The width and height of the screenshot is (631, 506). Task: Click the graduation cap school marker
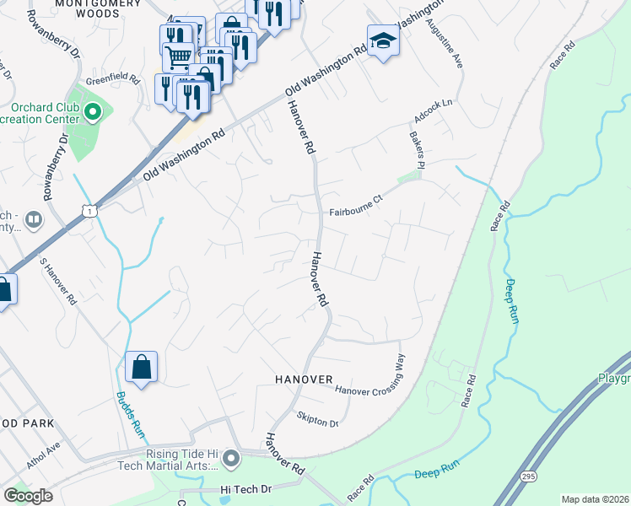pyautogui.click(x=383, y=40)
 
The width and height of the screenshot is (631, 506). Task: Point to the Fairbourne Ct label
pyautogui.click(x=356, y=213)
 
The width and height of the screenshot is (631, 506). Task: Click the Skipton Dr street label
pyautogui.click(x=318, y=418)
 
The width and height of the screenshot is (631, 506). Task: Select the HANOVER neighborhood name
pyautogui.click(x=304, y=380)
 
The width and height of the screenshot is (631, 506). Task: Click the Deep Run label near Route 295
pyautogui.click(x=436, y=475)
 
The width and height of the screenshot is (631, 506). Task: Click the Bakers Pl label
pyautogui.click(x=416, y=149)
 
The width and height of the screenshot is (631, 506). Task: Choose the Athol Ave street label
pyautogui.click(x=45, y=457)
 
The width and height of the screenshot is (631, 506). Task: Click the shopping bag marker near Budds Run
pyautogui.click(x=141, y=368)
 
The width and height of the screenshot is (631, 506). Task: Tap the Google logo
pyautogui.click(x=28, y=496)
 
